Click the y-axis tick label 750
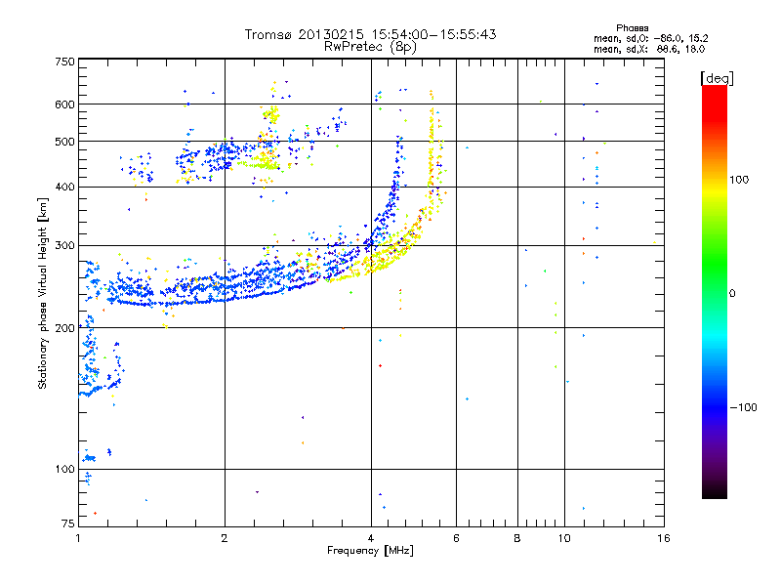pos(64,62)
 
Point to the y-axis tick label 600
pos(64,105)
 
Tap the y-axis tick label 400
pos(64,188)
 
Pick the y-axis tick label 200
pos(64,328)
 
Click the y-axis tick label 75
pos(67,525)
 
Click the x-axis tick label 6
pos(456,538)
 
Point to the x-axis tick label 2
pos(225,538)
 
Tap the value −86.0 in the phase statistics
pos(666,38)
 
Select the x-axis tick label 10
pos(563,538)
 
